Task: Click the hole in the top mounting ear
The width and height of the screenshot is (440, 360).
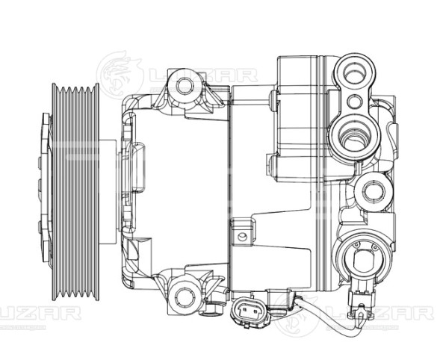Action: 184,84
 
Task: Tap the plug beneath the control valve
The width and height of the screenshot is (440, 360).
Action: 363,308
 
